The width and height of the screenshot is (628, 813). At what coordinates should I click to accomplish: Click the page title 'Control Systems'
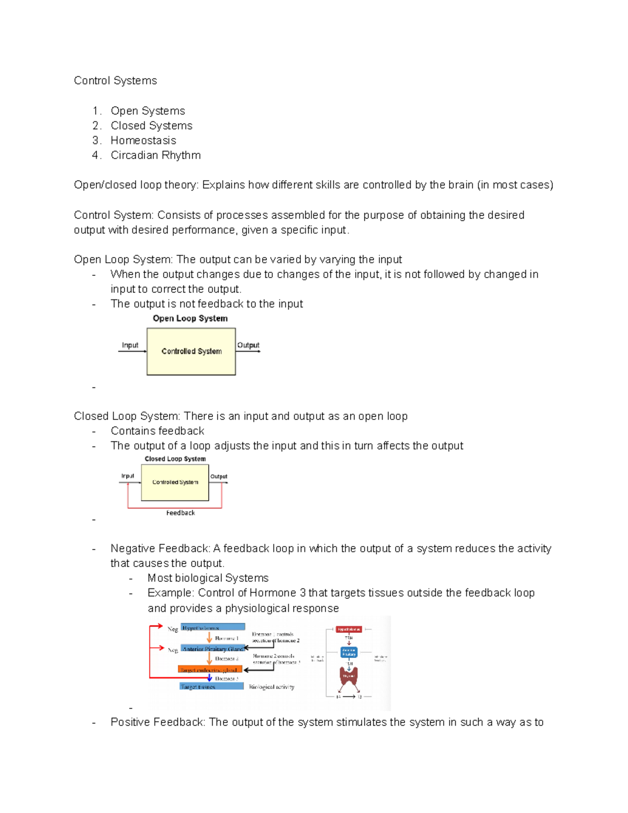[x=115, y=81]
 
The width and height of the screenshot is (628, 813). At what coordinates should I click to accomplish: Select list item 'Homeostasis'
[x=143, y=140]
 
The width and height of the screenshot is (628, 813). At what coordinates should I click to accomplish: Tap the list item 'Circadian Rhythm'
[x=155, y=155]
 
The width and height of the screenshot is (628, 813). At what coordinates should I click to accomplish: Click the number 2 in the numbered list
[x=96, y=126]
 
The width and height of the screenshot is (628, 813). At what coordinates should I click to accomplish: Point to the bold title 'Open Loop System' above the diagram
[x=190, y=318]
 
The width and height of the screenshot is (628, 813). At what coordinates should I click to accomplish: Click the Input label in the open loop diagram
[x=130, y=345]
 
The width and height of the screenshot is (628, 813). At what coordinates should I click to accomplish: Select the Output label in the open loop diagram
[x=248, y=345]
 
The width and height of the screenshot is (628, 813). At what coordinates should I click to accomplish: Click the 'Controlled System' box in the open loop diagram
[x=191, y=351]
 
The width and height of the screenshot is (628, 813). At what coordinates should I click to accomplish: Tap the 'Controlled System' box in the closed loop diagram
[x=175, y=482]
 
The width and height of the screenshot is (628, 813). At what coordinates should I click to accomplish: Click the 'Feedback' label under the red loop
[x=180, y=513]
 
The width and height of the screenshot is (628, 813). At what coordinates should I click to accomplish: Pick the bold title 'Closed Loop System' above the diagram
[x=175, y=459]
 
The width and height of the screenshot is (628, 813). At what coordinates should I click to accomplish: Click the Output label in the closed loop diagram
[x=219, y=476]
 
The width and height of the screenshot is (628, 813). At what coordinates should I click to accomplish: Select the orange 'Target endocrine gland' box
[x=210, y=670]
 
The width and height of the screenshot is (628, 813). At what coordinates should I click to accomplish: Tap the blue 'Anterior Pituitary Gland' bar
[x=212, y=649]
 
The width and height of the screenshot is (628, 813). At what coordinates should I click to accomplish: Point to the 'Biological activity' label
[x=271, y=687]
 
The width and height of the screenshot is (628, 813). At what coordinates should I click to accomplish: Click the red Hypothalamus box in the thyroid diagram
[x=349, y=629]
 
